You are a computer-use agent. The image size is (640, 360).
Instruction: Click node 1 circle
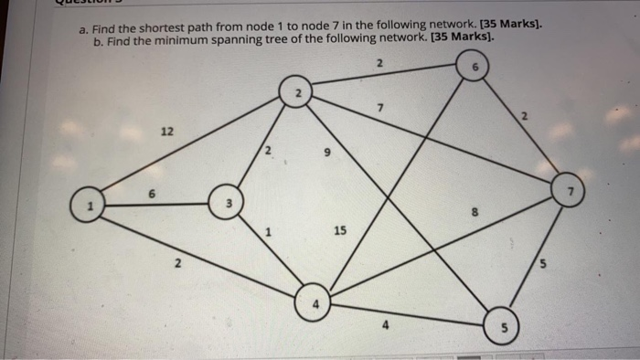point(89,206)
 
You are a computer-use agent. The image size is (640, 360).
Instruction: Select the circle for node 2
point(298,93)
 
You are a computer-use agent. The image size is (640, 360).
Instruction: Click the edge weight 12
point(167,132)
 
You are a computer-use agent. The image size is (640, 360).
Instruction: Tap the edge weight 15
point(339,231)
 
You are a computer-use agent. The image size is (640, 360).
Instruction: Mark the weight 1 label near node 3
point(267,232)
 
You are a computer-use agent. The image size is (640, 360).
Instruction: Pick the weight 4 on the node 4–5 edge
point(387,322)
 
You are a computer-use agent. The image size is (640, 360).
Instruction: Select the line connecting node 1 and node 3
point(155,204)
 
